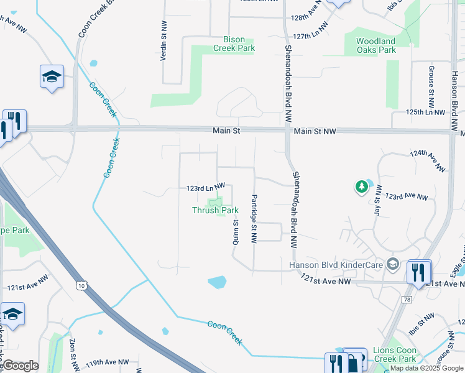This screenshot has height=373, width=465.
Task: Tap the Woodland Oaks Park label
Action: [375, 45]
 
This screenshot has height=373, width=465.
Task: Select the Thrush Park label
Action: [215, 211]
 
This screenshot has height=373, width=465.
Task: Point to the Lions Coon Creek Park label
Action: [395, 354]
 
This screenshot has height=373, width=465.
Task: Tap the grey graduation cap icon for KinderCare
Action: [392, 265]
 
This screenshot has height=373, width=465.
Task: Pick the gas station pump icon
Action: [354, 362]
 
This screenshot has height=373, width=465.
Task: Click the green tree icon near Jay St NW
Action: [362, 186]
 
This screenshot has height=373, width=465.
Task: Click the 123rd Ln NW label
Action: [205, 187]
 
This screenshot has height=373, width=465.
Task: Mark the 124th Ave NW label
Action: [428, 160]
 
